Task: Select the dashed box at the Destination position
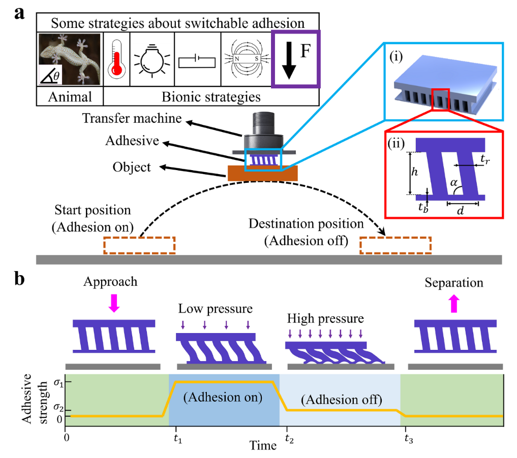click(x=396, y=245)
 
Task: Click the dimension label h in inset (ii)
click(x=414, y=172)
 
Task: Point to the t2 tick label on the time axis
click(x=289, y=438)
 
